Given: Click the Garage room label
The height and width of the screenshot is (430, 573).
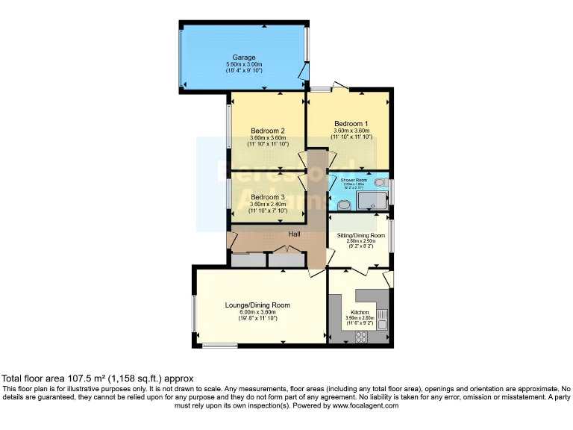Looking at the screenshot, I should point(244,57).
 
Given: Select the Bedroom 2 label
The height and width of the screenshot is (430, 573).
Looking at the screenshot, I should point(267,130).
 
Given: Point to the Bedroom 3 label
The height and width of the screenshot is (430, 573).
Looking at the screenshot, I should point(267,198).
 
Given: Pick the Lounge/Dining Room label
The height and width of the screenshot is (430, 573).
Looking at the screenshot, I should point(257,305).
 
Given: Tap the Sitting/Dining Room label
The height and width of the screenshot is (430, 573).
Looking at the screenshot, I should point(360,235).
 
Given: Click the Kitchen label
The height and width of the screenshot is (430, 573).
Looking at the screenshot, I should point(360,312).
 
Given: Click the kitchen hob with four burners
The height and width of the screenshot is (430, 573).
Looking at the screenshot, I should point(360,336).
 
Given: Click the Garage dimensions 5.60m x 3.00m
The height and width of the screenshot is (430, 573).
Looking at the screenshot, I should point(244,65).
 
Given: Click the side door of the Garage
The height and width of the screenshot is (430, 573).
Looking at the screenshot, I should point(302,72).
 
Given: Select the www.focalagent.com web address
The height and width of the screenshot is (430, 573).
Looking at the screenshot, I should point(355,406).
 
